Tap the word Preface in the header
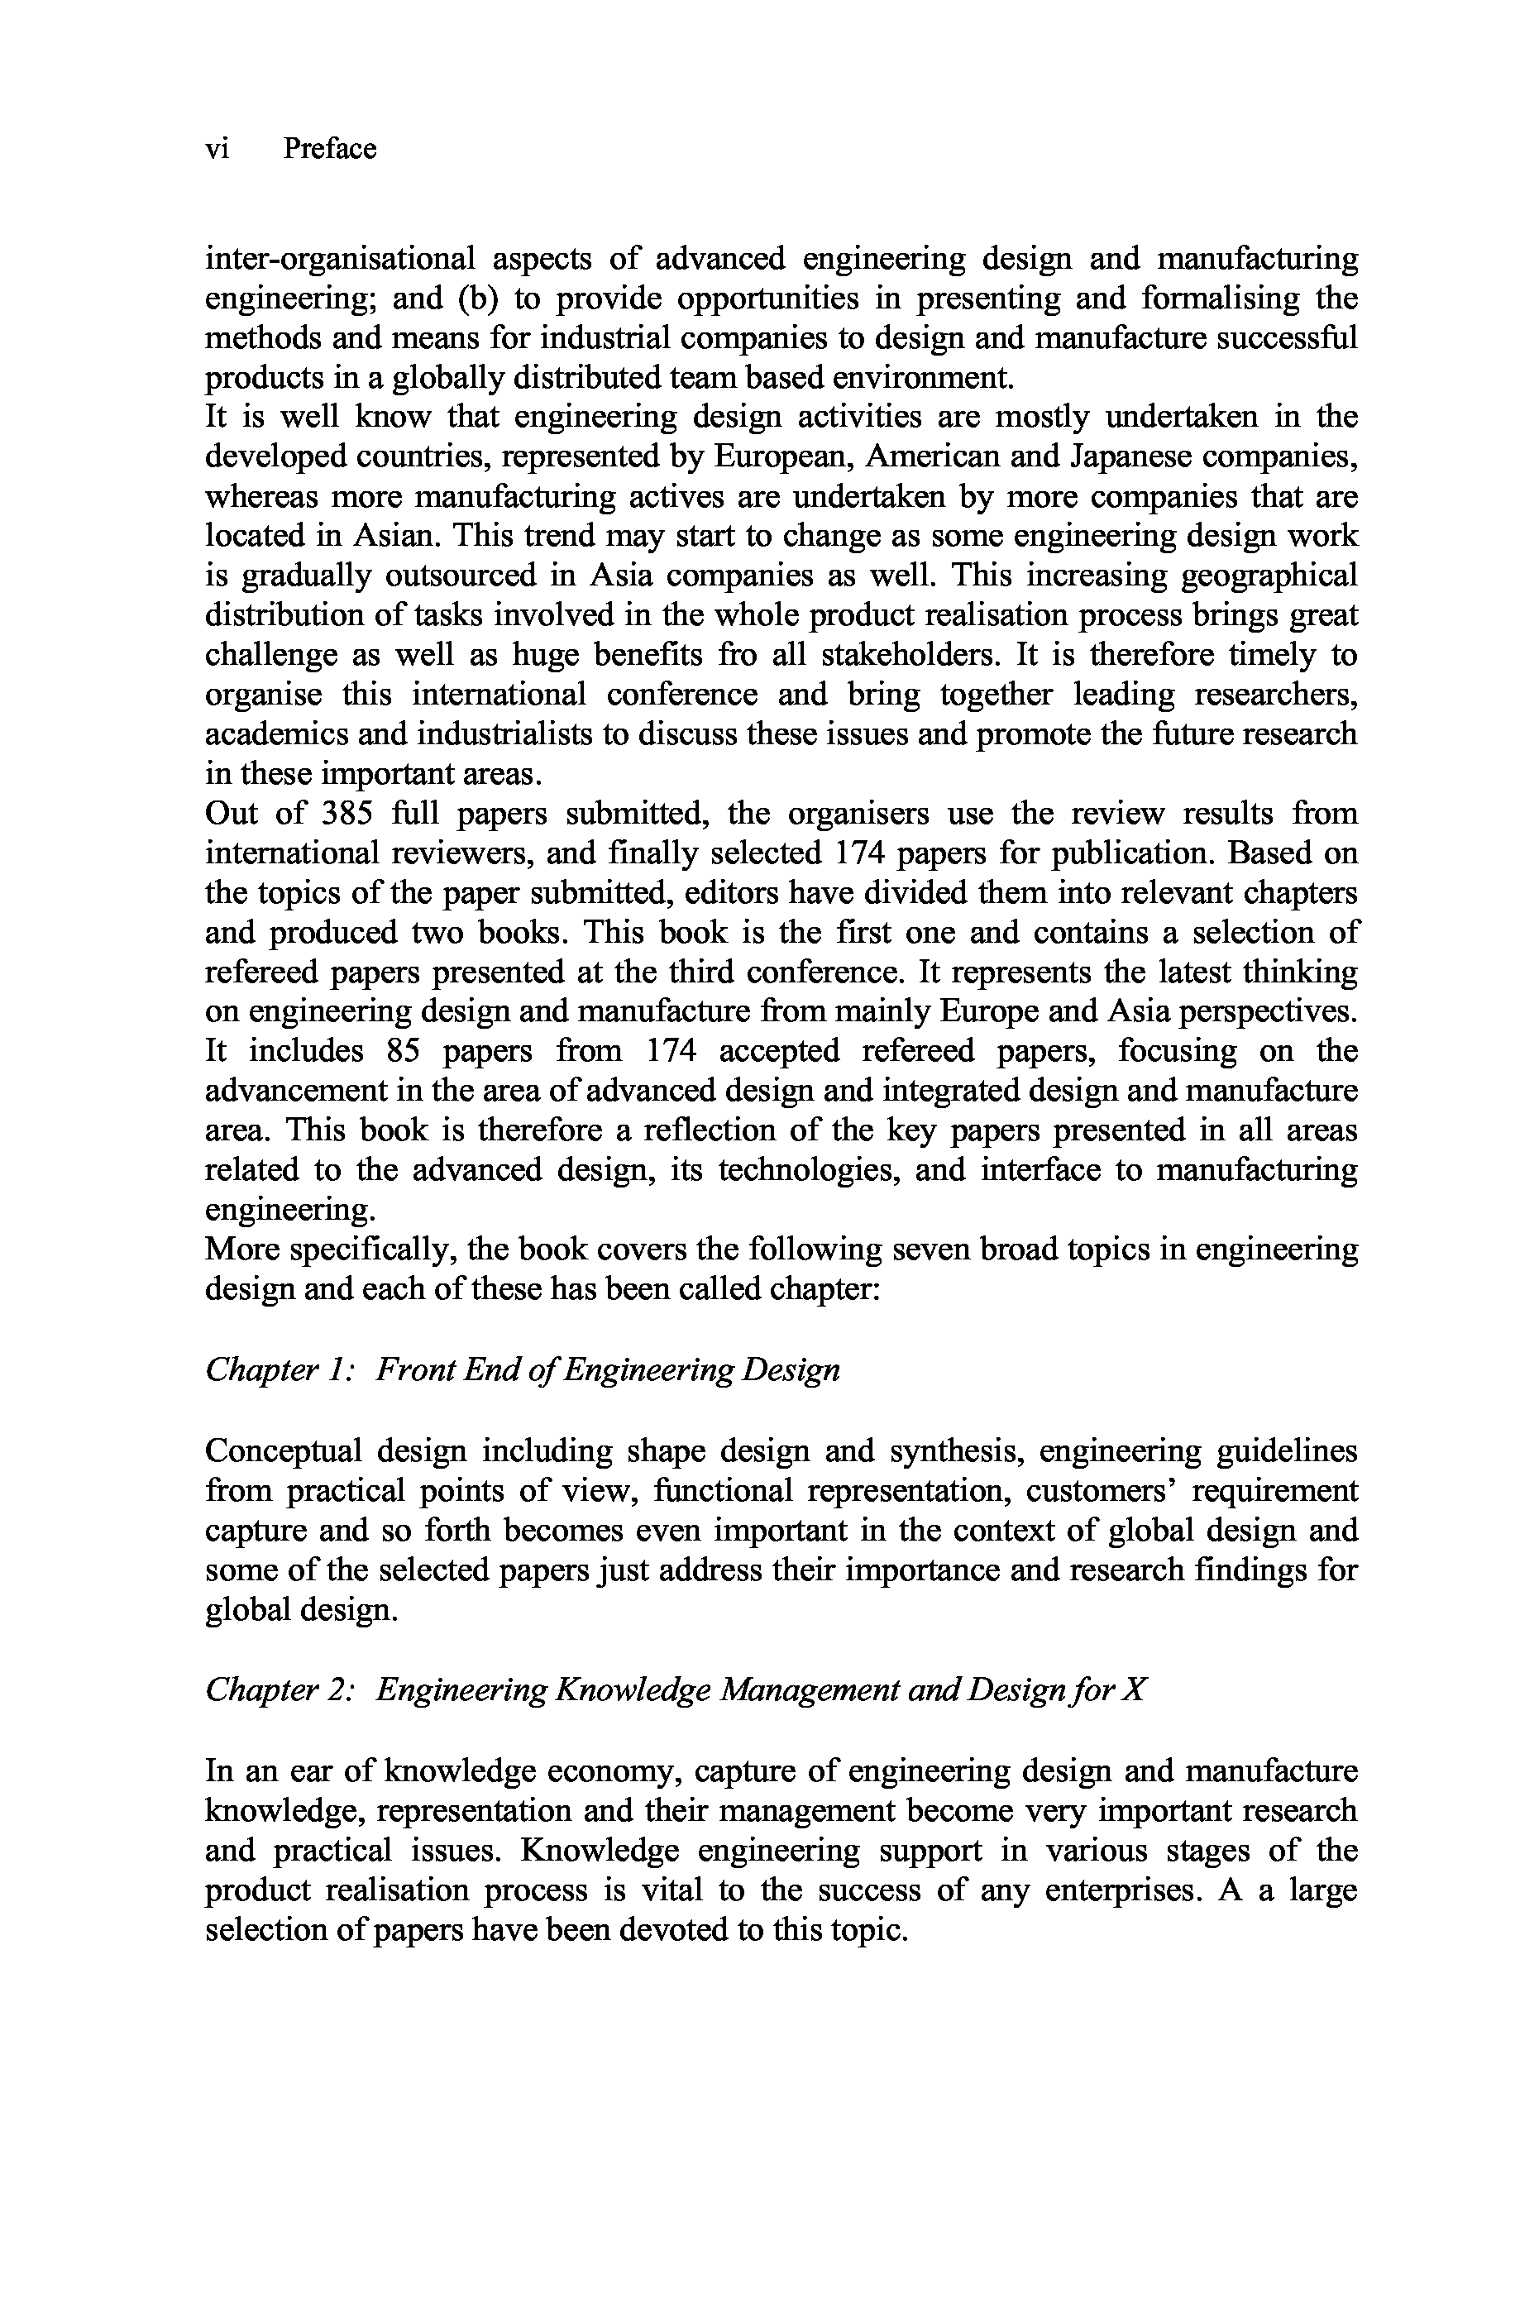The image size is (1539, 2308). pyautogui.click(x=330, y=149)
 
